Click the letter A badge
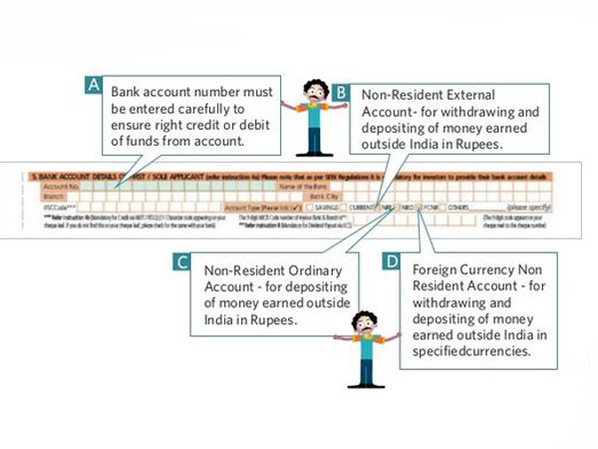[95, 86]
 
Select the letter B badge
[341, 93]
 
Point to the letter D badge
[393, 262]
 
